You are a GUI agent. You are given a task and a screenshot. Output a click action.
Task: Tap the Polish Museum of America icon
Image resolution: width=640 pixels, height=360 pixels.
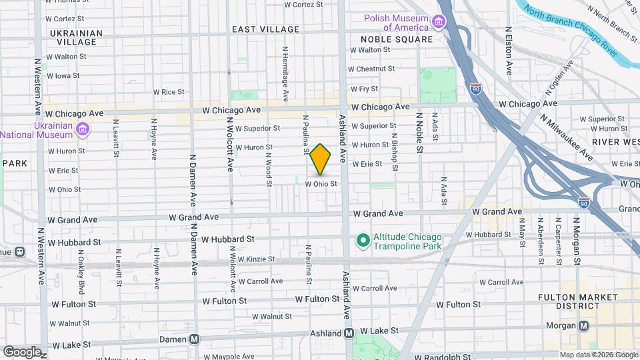pos(440,23)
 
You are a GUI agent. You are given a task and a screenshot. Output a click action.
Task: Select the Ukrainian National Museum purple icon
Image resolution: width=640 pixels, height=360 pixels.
pos(82,129)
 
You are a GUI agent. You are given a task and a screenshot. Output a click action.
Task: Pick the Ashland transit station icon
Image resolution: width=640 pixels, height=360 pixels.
pos(349,333)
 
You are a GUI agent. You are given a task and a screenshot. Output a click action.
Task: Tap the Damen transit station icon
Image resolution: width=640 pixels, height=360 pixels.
pos(195,339)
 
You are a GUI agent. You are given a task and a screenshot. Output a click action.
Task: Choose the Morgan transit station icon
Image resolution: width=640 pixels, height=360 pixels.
pos(584,325)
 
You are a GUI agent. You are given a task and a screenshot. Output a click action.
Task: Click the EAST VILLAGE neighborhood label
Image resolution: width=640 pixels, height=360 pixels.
pos(265,29)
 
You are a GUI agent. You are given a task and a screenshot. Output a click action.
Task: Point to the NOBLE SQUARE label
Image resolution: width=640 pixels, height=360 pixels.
pos(397,39)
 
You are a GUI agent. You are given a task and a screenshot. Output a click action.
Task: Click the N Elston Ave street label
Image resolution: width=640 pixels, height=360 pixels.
pos(509,50)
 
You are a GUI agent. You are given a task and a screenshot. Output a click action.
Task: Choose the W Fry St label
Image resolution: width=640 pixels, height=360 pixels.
pos(364,89)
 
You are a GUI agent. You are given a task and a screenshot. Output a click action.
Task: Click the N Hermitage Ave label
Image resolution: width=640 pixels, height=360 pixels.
pos(285,73)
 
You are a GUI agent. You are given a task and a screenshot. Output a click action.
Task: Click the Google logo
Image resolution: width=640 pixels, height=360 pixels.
pos(21,351)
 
